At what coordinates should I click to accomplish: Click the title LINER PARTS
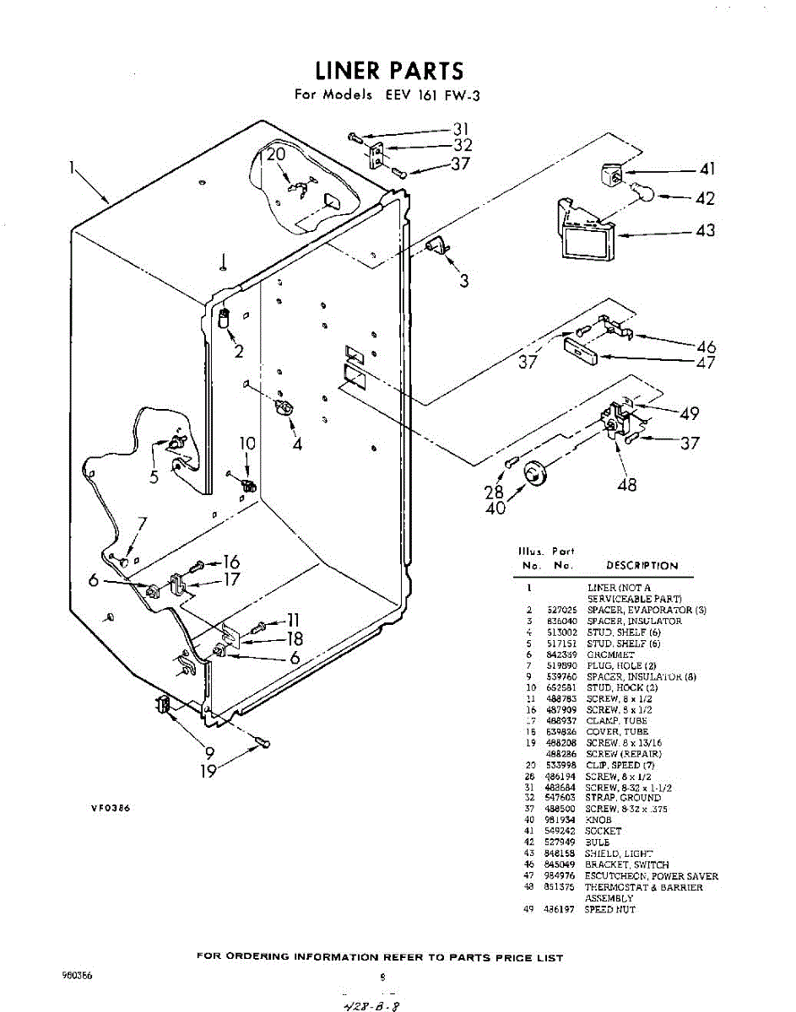tap(389, 71)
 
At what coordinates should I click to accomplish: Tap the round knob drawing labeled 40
tap(535, 475)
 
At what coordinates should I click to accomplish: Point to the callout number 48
tap(626, 484)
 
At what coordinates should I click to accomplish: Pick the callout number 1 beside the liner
tap(73, 167)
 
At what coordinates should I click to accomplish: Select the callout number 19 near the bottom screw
tap(208, 769)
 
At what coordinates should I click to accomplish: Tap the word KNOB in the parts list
tap(598, 820)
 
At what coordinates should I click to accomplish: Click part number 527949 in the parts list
tap(560, 842)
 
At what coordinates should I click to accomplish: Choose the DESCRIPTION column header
tap(642, 566)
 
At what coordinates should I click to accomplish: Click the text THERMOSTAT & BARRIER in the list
tap(643, 887)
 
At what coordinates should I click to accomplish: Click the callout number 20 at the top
tap(276, 154)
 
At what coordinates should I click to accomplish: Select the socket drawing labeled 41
tap(613, 175)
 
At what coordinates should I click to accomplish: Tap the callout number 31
tap(461, 129)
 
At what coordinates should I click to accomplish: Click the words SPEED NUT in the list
tap(609, 909)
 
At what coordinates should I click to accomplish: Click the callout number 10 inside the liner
tap(246, 444)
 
